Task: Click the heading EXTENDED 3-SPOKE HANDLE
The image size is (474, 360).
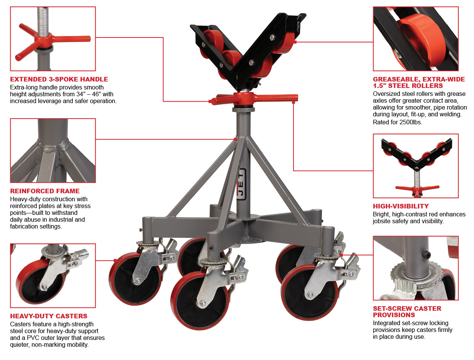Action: point(59,79)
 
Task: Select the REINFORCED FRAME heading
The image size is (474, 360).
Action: point(45,191)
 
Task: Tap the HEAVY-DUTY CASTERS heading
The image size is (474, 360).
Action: point(49,316)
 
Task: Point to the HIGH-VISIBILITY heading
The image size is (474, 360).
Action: point(401,206)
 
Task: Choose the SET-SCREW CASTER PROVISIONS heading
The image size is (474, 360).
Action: point(407,311)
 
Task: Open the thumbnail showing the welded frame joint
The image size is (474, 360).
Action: point(53,150)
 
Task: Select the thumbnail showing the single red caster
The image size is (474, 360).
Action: point(53,275)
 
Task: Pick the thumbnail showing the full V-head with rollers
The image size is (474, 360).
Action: point(416,166)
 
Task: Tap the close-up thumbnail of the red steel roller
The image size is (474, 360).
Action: point(416,39)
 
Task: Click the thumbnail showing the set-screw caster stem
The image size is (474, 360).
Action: point(416,268)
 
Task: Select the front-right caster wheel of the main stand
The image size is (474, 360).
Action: point(309,292)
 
